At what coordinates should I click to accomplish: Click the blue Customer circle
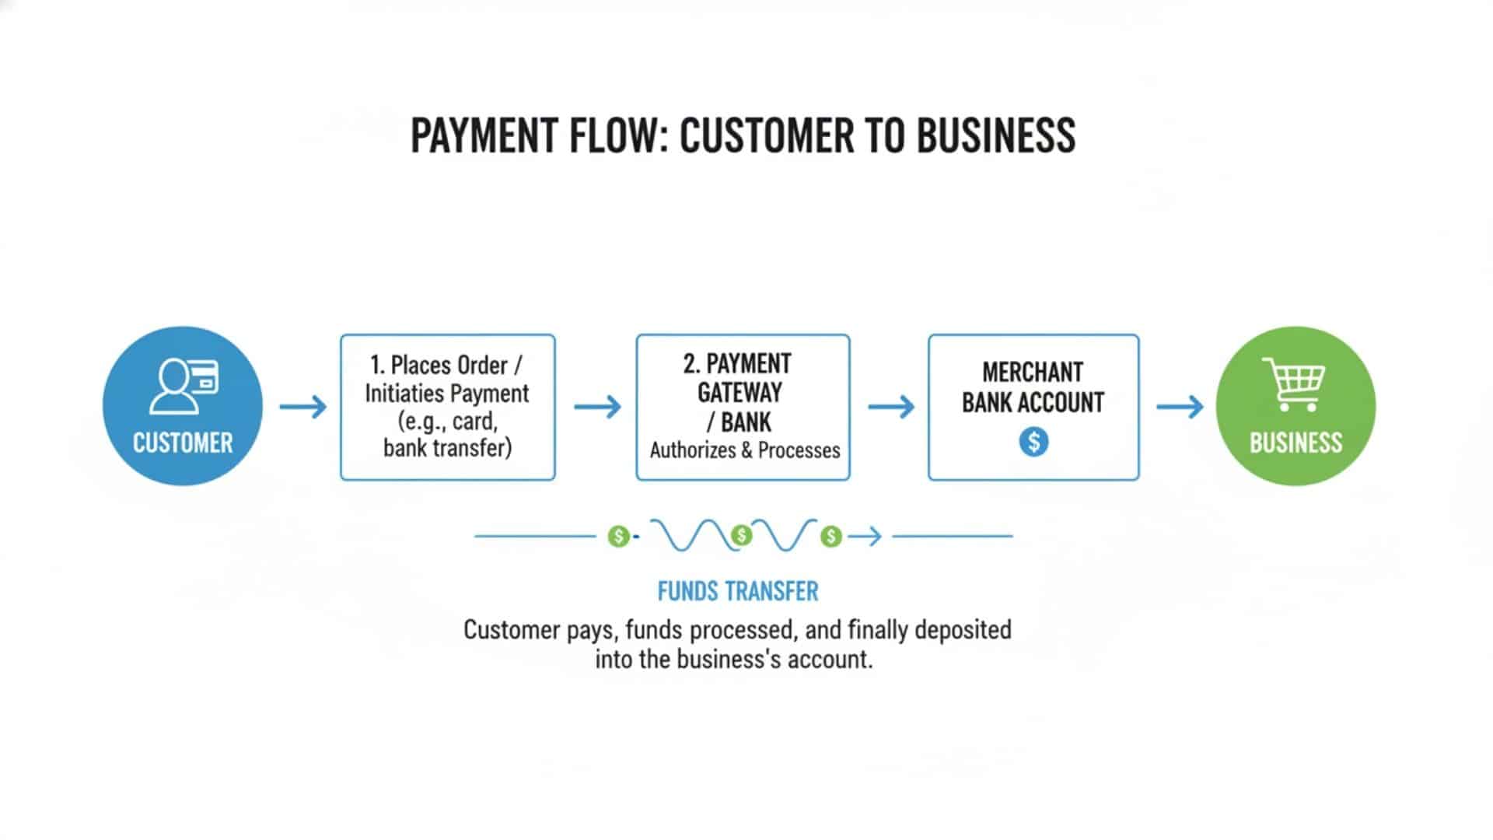pos(182,406)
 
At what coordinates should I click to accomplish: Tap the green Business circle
pos(1295,406)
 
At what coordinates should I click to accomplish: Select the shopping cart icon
pos(1293,384)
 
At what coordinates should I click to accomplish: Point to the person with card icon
pos(184,385)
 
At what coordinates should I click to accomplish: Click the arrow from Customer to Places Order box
pos(302,406)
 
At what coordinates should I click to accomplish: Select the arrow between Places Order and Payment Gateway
pos(597,406)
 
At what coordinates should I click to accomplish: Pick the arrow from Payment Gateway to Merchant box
pos(891,406)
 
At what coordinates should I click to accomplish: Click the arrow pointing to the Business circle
pos(1180,406)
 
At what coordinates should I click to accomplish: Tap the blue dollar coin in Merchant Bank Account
pos(1033,442)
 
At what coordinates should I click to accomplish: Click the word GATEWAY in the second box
pos(739,393)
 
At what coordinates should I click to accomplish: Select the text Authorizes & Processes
pos(745,450)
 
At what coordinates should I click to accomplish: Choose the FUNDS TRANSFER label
pos(738,592)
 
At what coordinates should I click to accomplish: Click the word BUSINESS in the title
pos(995,135)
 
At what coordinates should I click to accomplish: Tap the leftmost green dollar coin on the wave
pos(618,536)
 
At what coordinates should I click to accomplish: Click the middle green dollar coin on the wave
pos(742,535)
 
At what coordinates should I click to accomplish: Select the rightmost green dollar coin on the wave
pos(831,536)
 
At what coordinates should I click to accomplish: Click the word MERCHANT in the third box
pos(1033,373)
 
